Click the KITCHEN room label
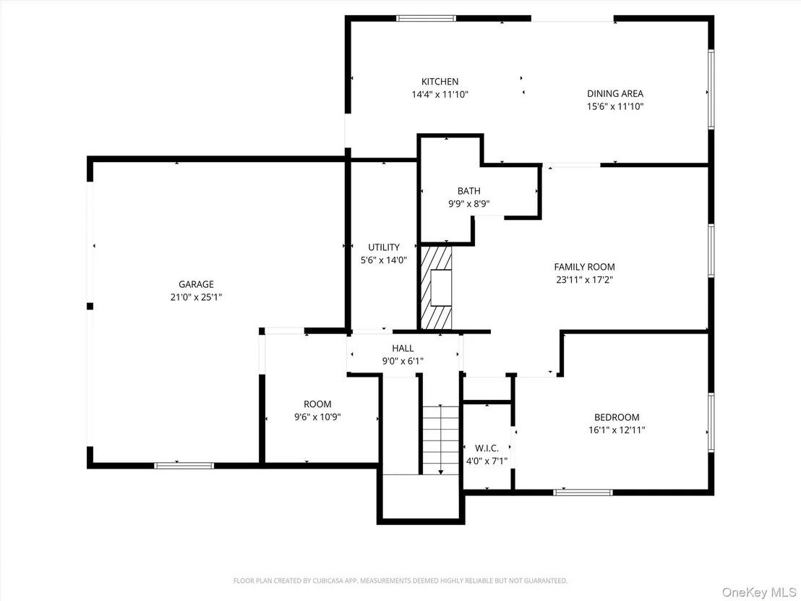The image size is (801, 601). (x=440, y=82)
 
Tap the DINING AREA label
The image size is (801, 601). (x=615, y=93)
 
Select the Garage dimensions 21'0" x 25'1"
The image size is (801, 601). (x=196, y=297)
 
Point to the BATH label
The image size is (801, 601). (x=469, y=191)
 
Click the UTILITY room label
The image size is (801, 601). (x=384, y=247)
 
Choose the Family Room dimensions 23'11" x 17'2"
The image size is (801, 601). (x=584, y=280)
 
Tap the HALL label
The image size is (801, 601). (x=403, y=349)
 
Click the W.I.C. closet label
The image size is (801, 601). (x=487, y=448)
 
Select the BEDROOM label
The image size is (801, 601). (x=617, y=417)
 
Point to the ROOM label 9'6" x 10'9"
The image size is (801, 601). (x=317, y=404)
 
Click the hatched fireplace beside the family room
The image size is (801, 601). (x=436, y=288)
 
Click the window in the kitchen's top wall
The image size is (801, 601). (x=427, y=18)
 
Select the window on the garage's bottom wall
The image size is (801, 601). (x=184, y=466)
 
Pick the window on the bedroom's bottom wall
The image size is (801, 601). (x=583, y=493)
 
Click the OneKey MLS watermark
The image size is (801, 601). (x=758, y=592)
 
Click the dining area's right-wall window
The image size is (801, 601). (x=711, y=88)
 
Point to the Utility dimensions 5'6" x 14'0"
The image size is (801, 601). (x=384, y=260)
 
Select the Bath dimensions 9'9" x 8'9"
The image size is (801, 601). (x=469, y=204)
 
